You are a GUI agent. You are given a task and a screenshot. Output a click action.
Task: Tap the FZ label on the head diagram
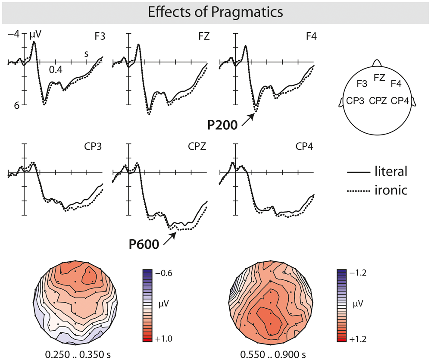[379, 78]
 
